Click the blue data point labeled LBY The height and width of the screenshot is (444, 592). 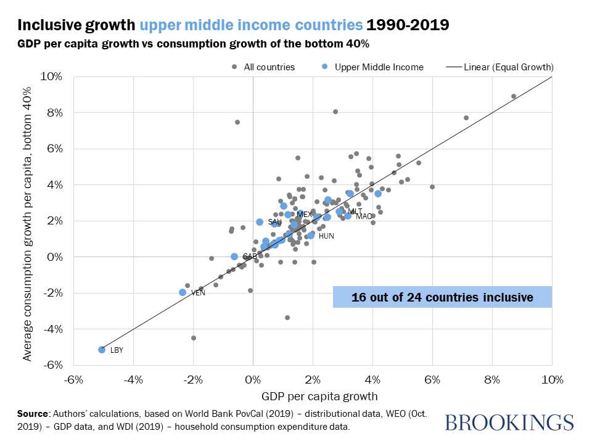(x=102, y=350)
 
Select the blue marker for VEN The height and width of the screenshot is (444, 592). (x=183, y=292)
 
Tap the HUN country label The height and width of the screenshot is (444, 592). (x=326, y=236)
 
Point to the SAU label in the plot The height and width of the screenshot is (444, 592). (x=274, y=222)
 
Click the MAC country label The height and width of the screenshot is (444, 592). (x=364, y=216)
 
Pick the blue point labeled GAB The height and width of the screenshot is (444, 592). (x=234, y=257)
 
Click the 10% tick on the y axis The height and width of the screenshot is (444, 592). (x=52, y=76)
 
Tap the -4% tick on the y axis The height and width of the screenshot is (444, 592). (x=52, y=329)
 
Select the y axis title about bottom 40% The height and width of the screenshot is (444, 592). (x=28, y=220)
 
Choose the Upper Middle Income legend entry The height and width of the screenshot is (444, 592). (x=374, y=67)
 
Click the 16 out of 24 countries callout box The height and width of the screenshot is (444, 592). (x=442, y=297)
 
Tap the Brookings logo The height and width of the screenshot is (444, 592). (x=509, y=422)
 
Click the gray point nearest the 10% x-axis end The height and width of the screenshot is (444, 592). (x=514, y=96)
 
